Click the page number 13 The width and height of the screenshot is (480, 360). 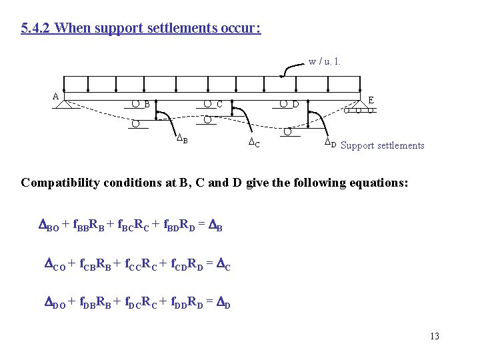point(435,336)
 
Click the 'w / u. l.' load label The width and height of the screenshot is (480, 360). point(325,62)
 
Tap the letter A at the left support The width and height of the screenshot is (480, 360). point(56,95)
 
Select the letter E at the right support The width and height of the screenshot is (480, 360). point(371,100)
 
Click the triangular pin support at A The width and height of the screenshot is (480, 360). point(65,104)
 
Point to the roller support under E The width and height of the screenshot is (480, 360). point(359,110)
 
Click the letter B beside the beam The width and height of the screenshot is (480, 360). point(146,105)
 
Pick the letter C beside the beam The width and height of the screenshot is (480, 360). point(219,104)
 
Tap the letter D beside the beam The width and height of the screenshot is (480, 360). point(294,104)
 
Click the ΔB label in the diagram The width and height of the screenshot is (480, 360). point(181,139)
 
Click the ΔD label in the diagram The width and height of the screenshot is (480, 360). point(330,143)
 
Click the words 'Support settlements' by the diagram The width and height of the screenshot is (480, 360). point(382,145)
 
